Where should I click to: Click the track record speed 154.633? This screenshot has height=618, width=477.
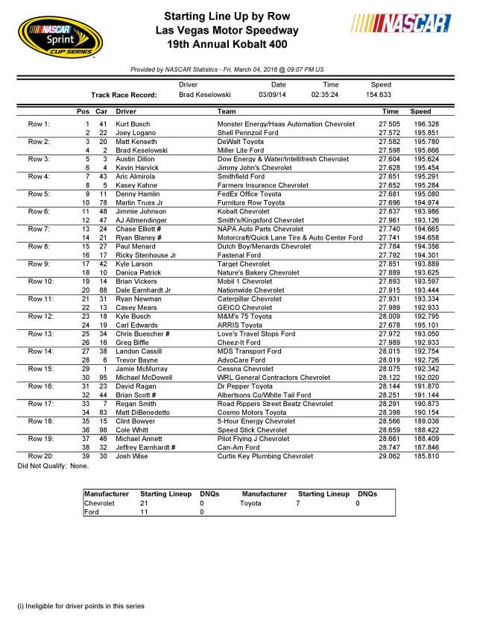[x=378, y=96]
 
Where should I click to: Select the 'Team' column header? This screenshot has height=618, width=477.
[x=227, y=110]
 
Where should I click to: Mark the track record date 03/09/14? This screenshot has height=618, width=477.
[x=272, y=96]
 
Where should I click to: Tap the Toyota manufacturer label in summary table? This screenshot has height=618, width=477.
[x=253, y=504]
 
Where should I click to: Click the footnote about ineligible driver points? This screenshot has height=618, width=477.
[x=81, y=605]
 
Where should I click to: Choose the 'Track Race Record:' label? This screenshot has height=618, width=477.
[x=121, y=96]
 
